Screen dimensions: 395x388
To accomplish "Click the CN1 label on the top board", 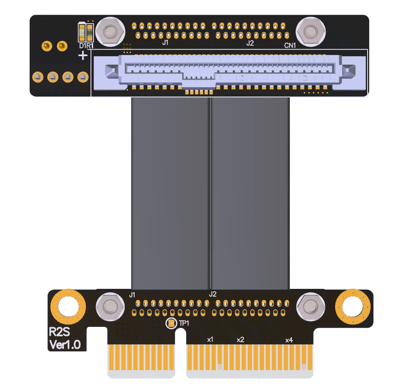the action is point(290,45).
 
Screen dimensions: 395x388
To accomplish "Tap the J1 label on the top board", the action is point(165,42).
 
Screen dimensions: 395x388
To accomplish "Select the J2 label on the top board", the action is point(250,43).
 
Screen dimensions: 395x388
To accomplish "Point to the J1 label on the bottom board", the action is point(132,295).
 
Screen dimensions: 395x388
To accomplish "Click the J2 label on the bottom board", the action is point(213,294).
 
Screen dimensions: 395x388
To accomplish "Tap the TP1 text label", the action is point(184,323).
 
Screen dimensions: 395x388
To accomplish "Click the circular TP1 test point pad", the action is point(171,323).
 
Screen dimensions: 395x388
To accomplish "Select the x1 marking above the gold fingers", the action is point(210,340).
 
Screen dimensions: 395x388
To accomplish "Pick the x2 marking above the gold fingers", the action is point(240,340).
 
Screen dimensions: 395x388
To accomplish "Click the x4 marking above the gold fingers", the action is point(289,340).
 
